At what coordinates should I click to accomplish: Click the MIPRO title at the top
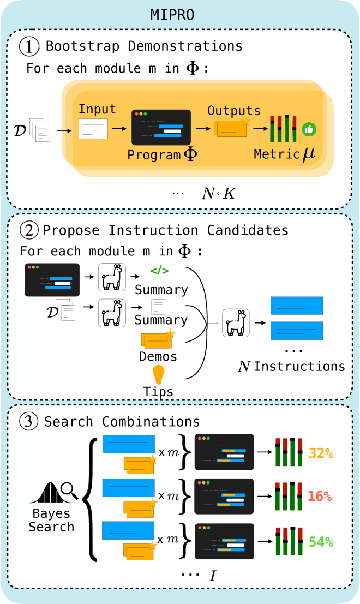(x=172, y=15)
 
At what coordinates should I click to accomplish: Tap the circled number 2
(x=28, y=230)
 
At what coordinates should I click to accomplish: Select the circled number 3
(x=28, y=421)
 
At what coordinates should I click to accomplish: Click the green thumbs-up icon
(x=309, y=129)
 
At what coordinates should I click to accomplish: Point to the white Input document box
(x=93, y=129)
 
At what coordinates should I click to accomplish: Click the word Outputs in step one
(x=233, y=111)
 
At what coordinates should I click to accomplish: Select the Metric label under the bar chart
(x=277, y=154)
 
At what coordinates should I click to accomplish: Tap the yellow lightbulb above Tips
(x=158, y=374)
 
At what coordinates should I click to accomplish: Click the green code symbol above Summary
(x=159, y=270)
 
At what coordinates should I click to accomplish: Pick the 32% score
(x=321, y=453)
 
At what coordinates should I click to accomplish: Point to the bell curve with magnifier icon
(x=53, y=493)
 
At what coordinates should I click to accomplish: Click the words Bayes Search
(x=51, y=521)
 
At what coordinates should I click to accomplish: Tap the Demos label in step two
(x=158, y=357)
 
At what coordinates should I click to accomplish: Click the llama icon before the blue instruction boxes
(x=236, y=322)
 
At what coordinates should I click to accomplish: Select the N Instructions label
(x=292, y=366)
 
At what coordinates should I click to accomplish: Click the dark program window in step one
(x=161, y=127)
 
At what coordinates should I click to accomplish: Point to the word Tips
(x=158, y=392)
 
